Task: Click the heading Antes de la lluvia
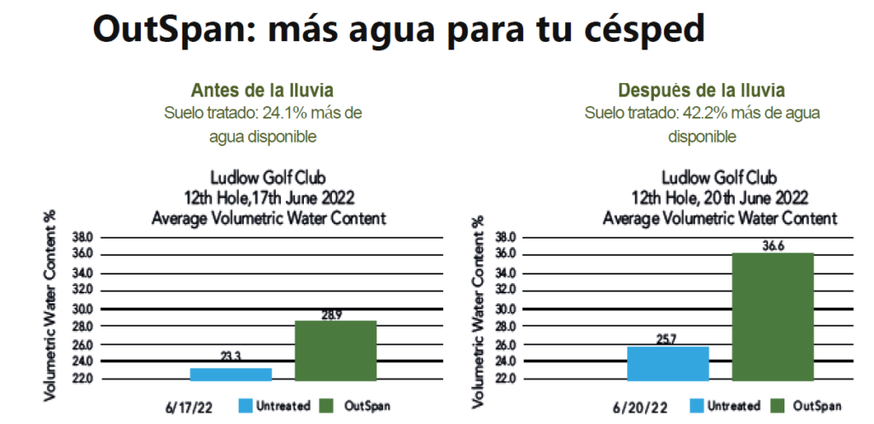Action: click(263, 90)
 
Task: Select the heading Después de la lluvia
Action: click(702, 90)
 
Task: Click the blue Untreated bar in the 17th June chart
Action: click(230, 374)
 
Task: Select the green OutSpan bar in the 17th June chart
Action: click(335, 351)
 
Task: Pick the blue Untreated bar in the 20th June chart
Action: click(667, 364)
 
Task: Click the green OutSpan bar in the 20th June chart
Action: click(772, 317)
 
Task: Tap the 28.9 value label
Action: click(332, 315)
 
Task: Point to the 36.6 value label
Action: click(773, 246)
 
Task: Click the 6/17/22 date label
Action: click(189, 408)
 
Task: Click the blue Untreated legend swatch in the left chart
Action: click(245, 405)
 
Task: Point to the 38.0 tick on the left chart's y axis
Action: click(83, 238)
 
